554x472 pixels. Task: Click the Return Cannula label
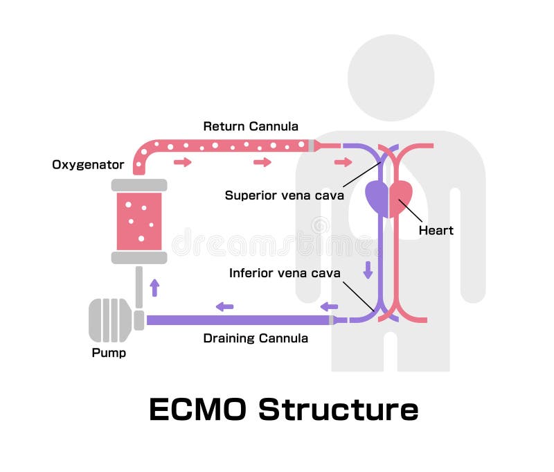[250, 126]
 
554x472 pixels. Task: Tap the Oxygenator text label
[88, 165]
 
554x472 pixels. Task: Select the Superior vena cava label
[284, 195]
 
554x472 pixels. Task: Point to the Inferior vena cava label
[285, 273]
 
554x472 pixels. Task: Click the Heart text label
[436, 230]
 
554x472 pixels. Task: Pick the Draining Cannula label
[255, 338]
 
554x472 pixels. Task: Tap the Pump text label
[109, 353]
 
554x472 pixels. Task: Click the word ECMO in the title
[197, 410]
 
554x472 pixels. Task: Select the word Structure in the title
[339, 410]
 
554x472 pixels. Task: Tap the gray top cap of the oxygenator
[139, 185]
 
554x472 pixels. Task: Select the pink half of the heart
[402, 198]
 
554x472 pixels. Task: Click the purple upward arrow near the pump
[154, 287]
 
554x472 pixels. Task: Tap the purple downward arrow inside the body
[368, 269]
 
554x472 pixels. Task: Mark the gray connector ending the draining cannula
[332, 320]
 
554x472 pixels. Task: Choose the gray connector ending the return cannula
[312, 146]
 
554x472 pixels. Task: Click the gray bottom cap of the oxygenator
[139, 258]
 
